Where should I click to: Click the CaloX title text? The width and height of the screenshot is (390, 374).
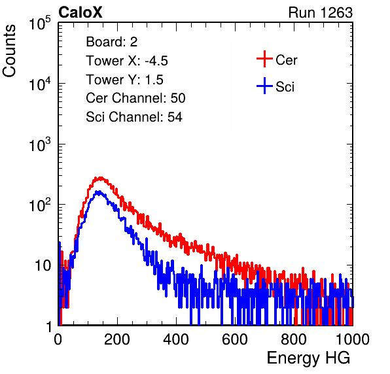(80, 12)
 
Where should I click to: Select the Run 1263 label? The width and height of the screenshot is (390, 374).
(321, 12)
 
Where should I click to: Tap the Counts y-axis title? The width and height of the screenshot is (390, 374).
(9, 51)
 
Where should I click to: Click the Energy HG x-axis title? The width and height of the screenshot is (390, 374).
(308, 358)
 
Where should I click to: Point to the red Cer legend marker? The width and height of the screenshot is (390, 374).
(264, 59)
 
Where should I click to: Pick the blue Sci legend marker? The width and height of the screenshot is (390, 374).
(264, 86)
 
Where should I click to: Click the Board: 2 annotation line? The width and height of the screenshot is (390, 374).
(112, 42)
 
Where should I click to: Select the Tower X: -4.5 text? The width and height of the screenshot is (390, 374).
(127, 61)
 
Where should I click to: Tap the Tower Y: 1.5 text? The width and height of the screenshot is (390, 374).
(124, 80)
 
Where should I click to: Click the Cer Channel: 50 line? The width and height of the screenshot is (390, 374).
(135, 98)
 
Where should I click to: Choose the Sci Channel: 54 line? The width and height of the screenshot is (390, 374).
(134, 117)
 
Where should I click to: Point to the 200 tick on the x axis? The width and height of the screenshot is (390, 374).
(117, 339)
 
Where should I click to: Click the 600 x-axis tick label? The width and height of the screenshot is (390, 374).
(235, 339)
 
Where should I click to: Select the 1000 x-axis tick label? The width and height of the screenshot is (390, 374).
(353, 339)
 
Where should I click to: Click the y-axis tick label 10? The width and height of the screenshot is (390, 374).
(43, 266)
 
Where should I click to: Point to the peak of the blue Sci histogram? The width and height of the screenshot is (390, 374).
(99, 192)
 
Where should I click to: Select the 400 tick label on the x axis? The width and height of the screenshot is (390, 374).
(176, 339)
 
